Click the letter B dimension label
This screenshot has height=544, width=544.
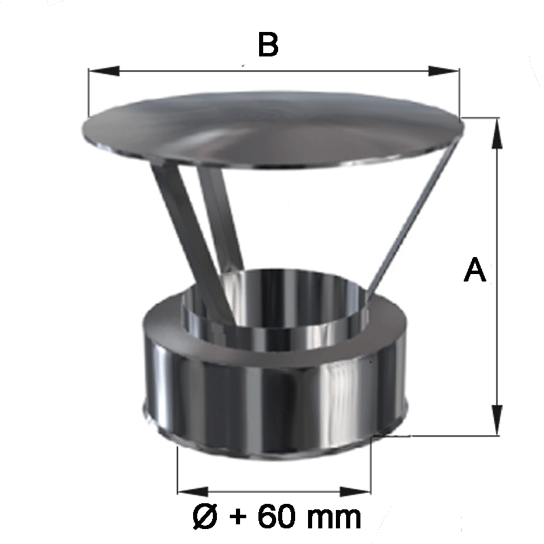(x=268, y=44)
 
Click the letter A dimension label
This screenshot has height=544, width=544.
(x=475, y=269)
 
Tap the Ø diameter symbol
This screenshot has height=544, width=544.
(x=205, y=517)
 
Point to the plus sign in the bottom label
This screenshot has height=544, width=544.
(x=237, y=517)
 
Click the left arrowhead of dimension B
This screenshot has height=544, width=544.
(x=104, y=71)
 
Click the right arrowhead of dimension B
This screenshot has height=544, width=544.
(x=444, y=71)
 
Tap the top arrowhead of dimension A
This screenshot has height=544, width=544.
(x=497, y=133)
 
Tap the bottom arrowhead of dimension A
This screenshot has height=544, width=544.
(x=497, y=420)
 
